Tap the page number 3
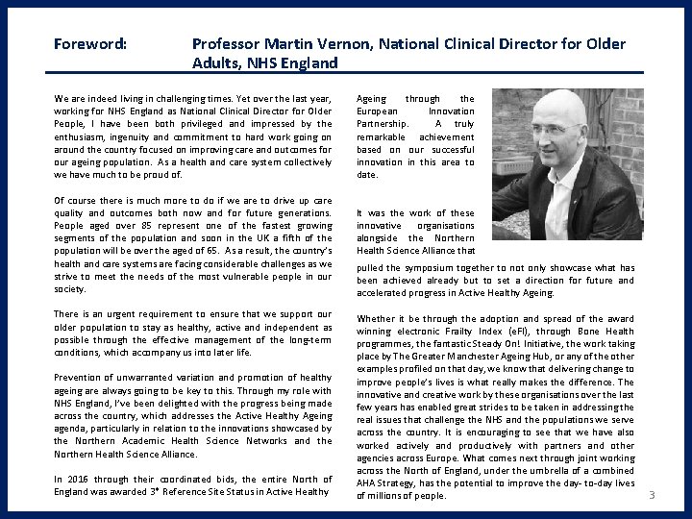tap(652, 495)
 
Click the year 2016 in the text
tap(79, 480)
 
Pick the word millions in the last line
tap(385, 496)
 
